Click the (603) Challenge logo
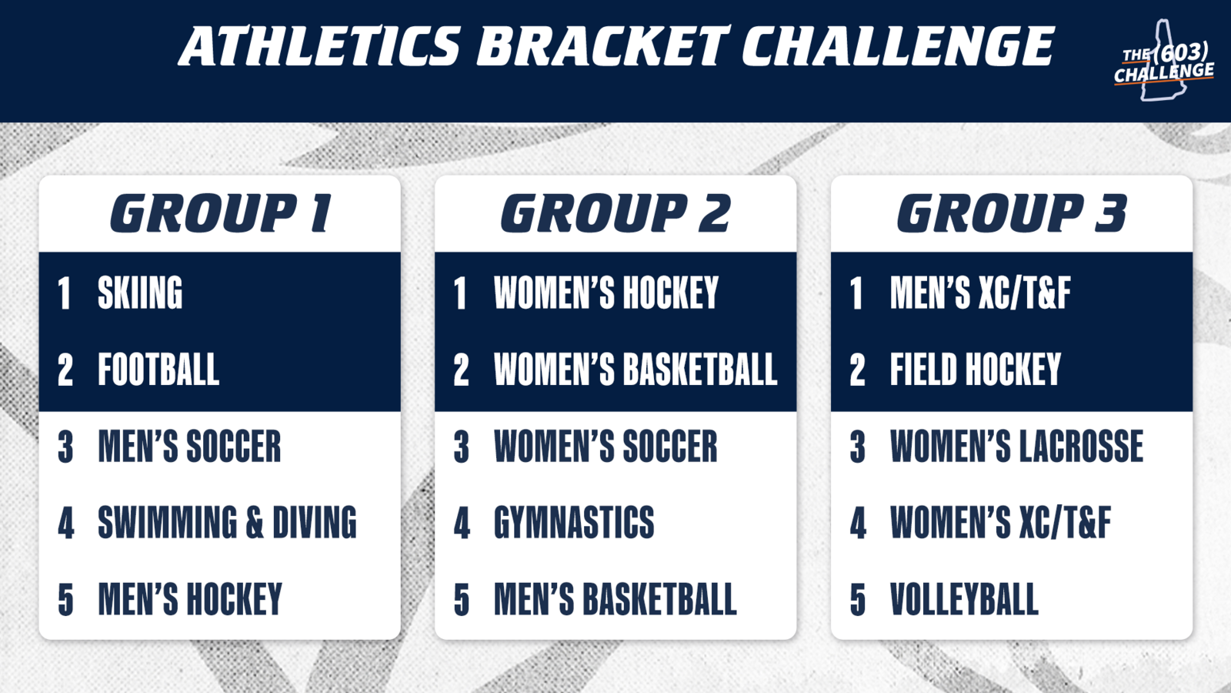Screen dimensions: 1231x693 (x=1164, y=61)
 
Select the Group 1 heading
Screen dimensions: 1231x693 (x=221, y=213)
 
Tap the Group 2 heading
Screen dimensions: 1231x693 (x=615, y=213)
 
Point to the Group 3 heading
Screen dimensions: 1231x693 (x=1012, y=213)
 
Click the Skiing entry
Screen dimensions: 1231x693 (x=140, y=293)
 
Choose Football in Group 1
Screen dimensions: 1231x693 (x=158, y=369)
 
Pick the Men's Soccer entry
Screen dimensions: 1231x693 (x=189, y=446)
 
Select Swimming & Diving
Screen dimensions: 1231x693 (x=227, y=522)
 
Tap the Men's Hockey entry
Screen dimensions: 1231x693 (x=189, y=599)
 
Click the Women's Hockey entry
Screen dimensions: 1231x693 (x=606, y=293)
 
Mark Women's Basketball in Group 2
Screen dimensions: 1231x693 (x=636, y=369)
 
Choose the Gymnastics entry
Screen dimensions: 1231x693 (x=574, y=522)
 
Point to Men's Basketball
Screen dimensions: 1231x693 (x=615, y=599)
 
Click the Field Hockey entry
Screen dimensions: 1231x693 (x=976, y=369)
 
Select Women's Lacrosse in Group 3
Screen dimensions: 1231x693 (x=1016, y=446)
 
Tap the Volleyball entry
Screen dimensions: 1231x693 (x=965, y=599)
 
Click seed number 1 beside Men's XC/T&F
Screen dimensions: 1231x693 (x=856, y=293)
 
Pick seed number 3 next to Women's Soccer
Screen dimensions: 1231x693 (x=462, y=447)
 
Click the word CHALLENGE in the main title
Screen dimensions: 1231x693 (x=898, y=46)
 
